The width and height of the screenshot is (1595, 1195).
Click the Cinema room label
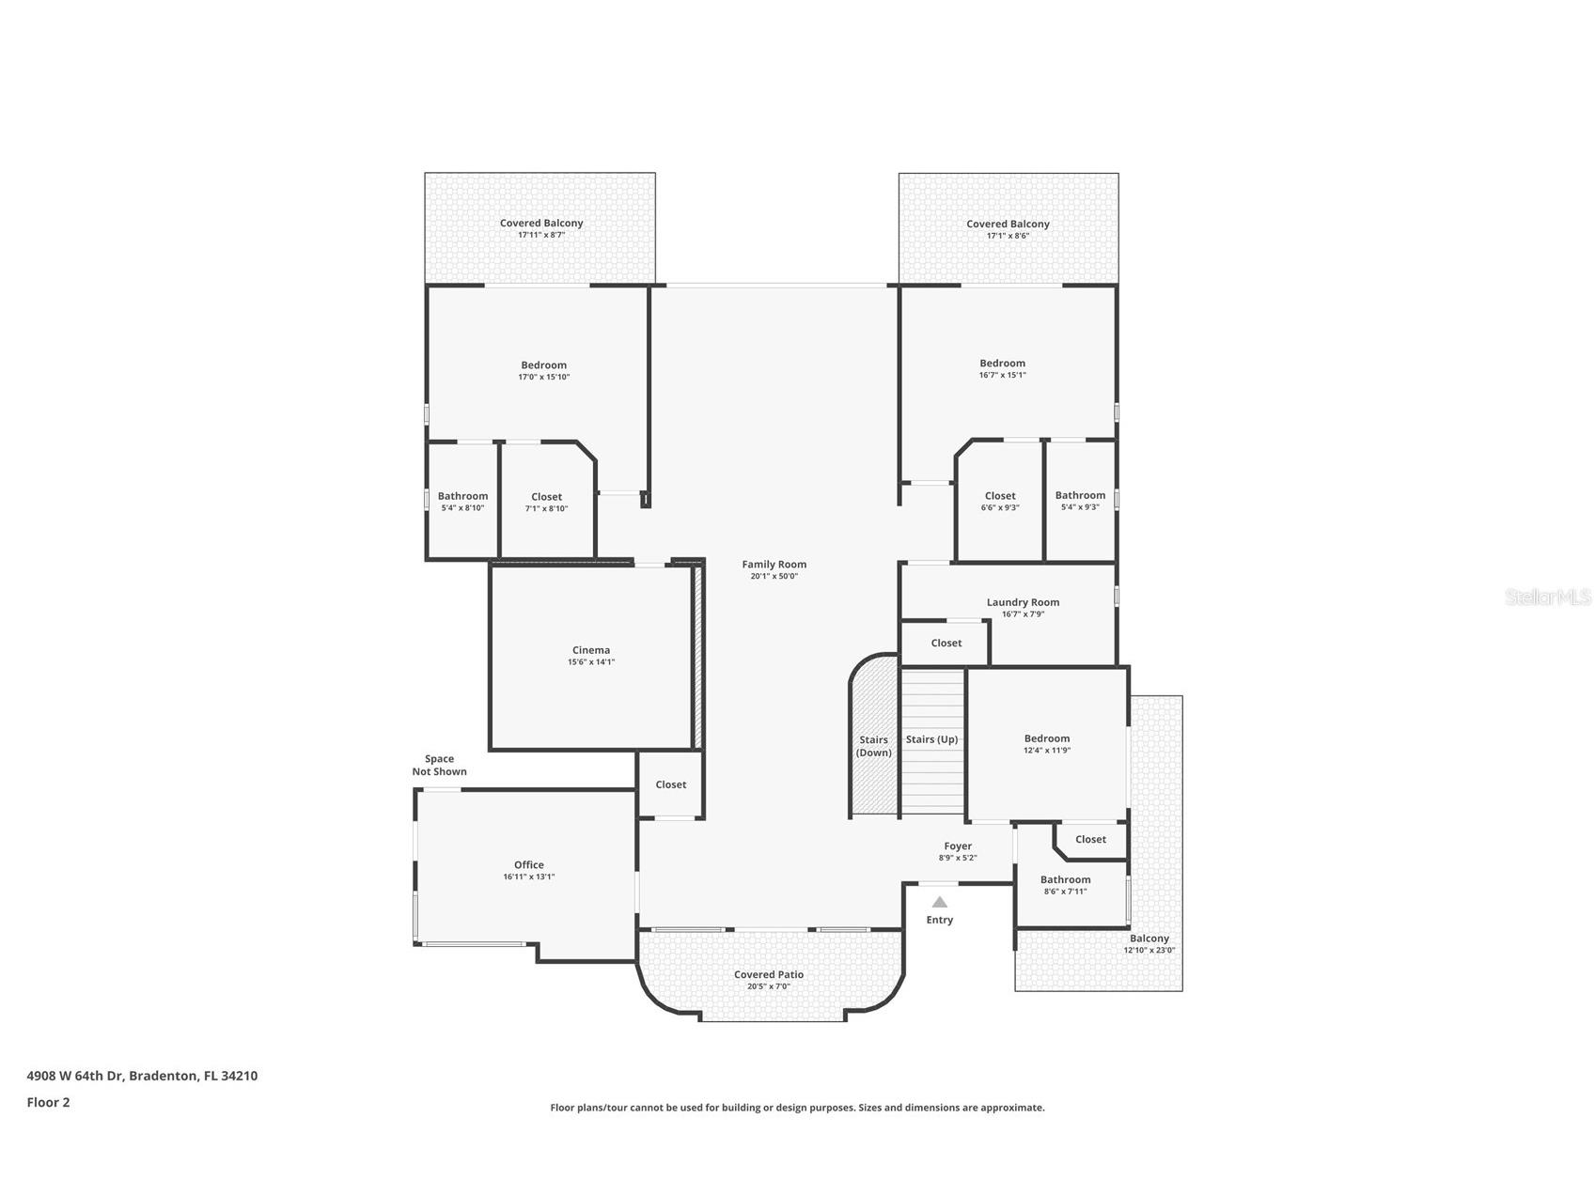click(x=590, y=650)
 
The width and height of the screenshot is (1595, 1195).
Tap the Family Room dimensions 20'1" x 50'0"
click(x=774, y=577)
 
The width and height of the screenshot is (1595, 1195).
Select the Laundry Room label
click(x=1023, y=602)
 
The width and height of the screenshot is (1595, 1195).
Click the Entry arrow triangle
click(x=939, y=902)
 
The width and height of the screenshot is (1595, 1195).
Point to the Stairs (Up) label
click(x=931, y=739)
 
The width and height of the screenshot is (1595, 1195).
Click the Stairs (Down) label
click(x=873, y=746)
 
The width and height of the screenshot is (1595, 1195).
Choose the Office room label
click(x=528, y=865)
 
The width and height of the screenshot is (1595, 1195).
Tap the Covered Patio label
click(x=768, y=975)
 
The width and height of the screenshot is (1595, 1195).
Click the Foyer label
click(x=958, y=846)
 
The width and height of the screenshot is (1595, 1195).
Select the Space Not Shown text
click(x=439, y=765)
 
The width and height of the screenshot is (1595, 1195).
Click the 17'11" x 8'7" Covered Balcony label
click(x=540, y=224)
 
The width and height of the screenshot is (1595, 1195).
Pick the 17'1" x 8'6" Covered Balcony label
click(x=1008, y=225)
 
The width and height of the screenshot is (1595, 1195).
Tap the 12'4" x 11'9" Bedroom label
click(x=1046, y=738)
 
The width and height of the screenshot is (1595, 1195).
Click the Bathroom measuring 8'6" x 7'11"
click(x=1065, y=880)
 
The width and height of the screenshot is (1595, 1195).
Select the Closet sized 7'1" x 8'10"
click(x=546, y=497)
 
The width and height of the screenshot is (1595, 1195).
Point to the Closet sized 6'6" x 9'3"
click(x=1000, y=496)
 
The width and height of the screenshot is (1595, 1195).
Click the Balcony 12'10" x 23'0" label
click(x=1149, y=939)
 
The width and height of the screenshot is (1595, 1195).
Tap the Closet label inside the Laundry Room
click(x=946, y=644)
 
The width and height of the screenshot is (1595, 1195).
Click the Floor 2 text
click(x=48, y=1103)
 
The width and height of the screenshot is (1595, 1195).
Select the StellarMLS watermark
click(x=1547, y=597)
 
